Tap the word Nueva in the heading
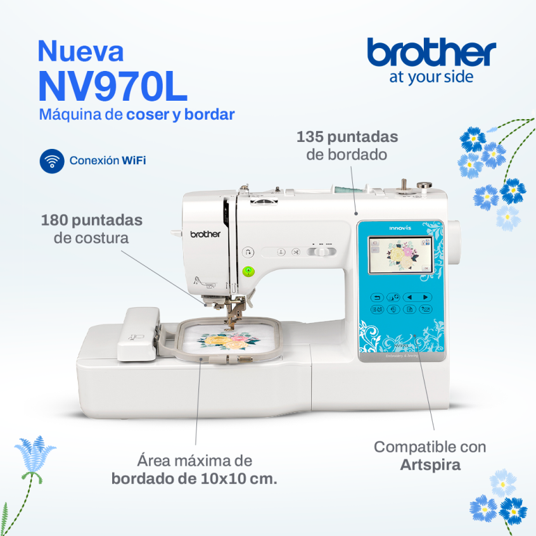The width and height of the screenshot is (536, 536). tap(80, 51)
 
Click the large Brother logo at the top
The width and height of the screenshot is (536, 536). tap(431, 53)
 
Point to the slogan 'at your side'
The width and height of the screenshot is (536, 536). tap(431, 77)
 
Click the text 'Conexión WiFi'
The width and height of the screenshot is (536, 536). tap(108, 161)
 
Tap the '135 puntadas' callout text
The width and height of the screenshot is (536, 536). tap(347, 137)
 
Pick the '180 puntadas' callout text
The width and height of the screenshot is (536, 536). tap(92, 220)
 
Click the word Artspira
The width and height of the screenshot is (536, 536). tap(430, 465)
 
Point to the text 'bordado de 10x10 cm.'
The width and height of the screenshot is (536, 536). tap(195, 478)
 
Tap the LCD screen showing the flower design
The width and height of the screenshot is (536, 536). tap(397, 256)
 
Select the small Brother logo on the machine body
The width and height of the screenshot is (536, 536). tap(206, 234)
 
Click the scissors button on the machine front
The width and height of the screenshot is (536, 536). tap(295, 252)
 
